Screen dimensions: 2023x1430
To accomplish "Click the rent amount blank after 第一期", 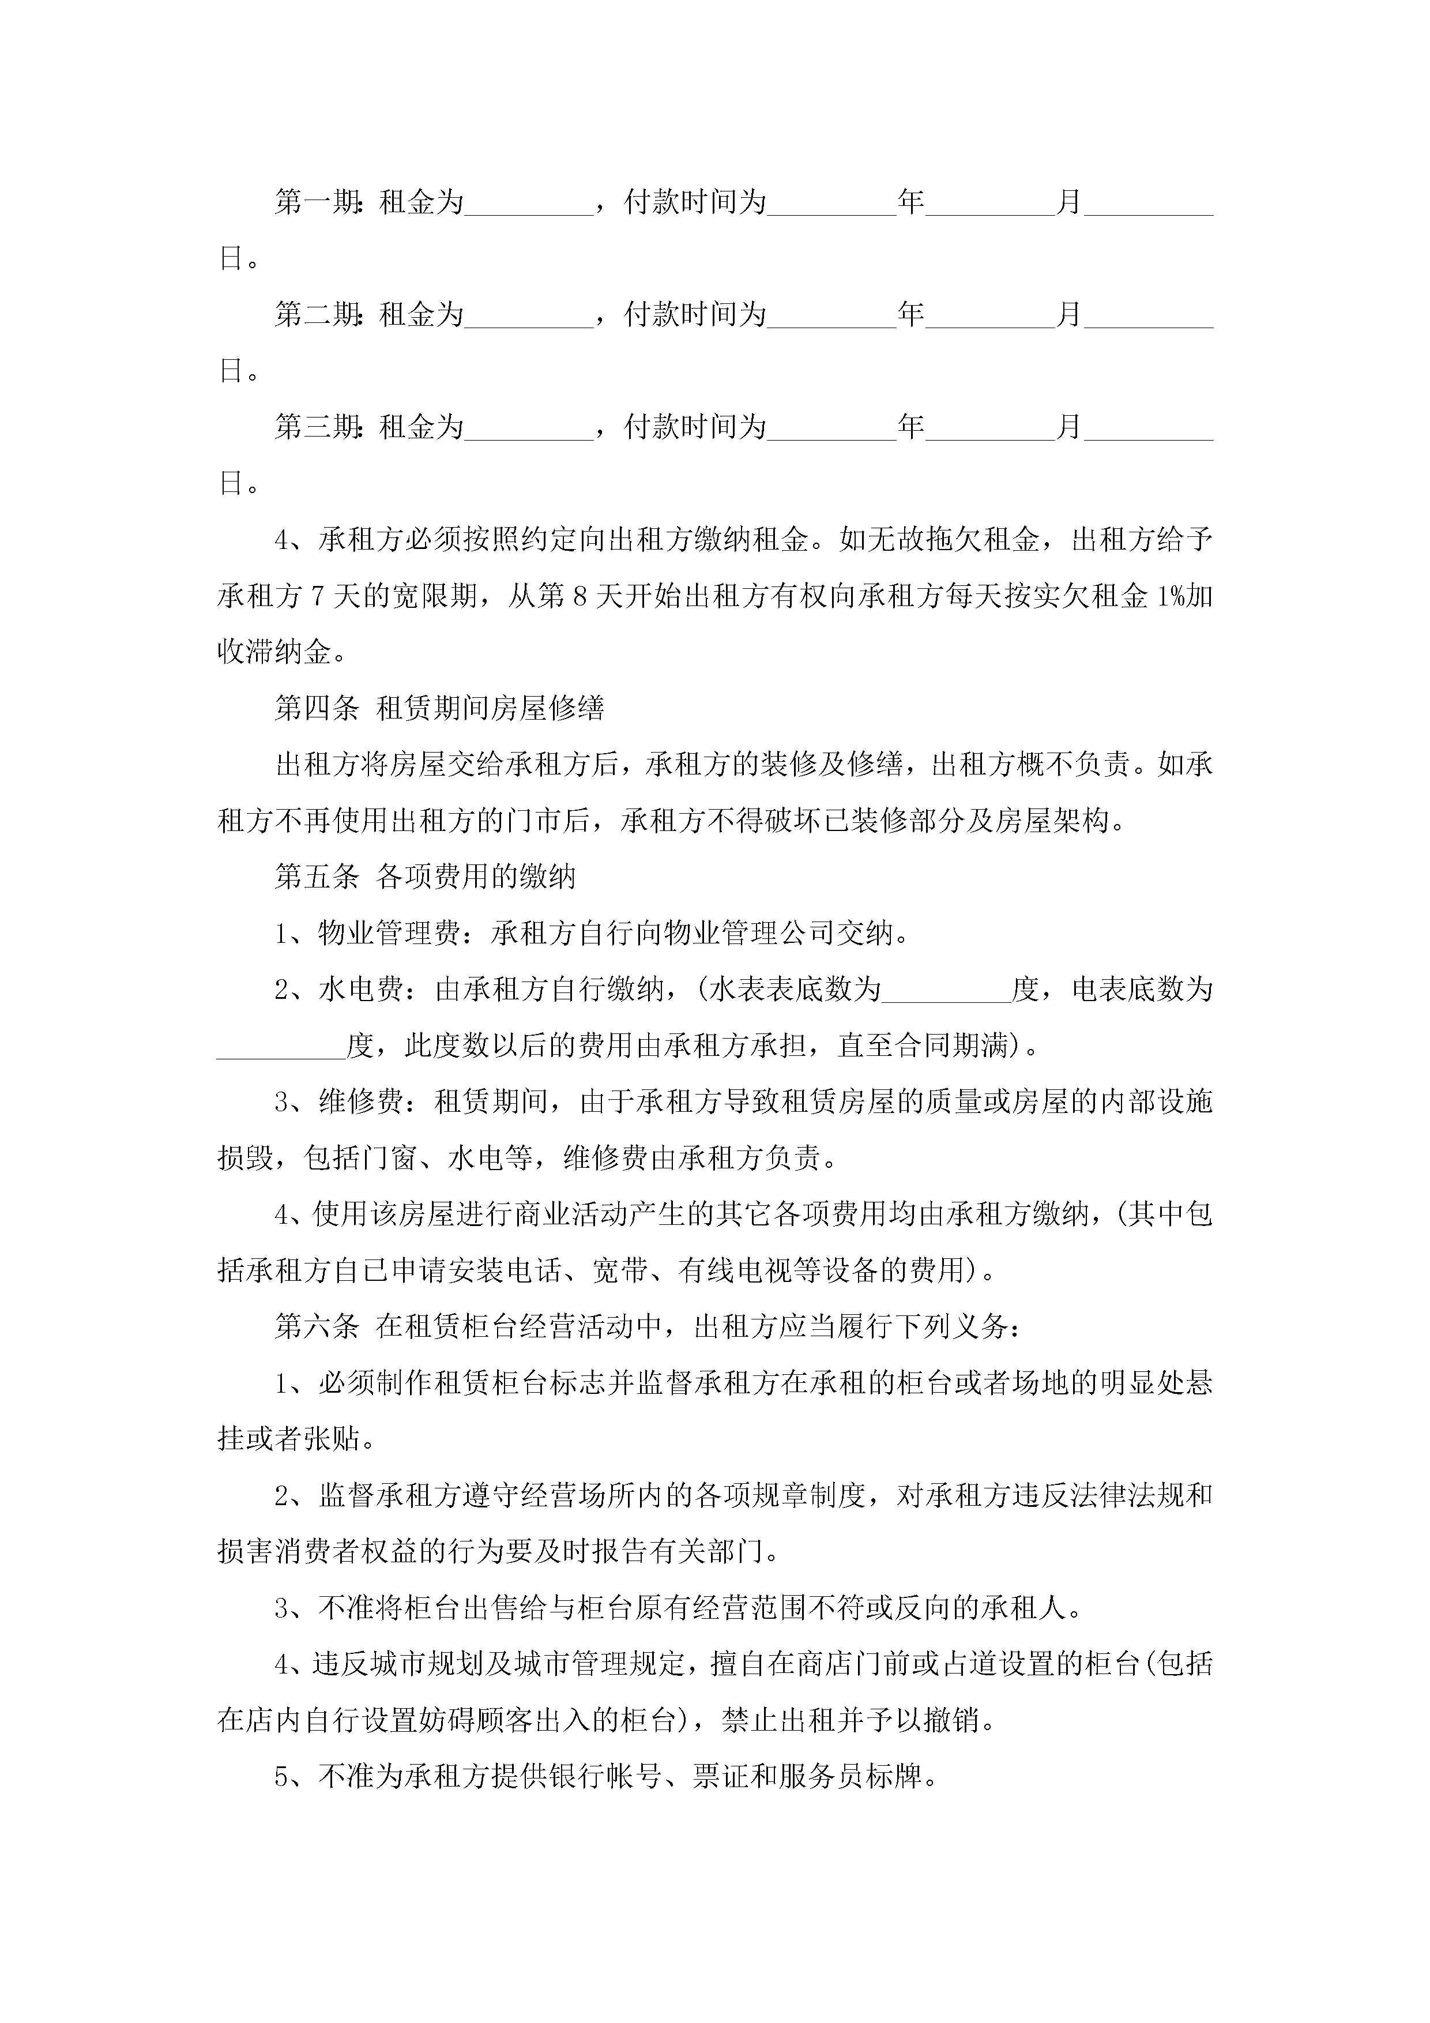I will click(529, 204).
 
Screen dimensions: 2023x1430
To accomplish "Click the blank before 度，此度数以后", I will click(281, 1046).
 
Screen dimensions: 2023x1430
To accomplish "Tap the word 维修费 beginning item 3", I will click(360, 1102).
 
